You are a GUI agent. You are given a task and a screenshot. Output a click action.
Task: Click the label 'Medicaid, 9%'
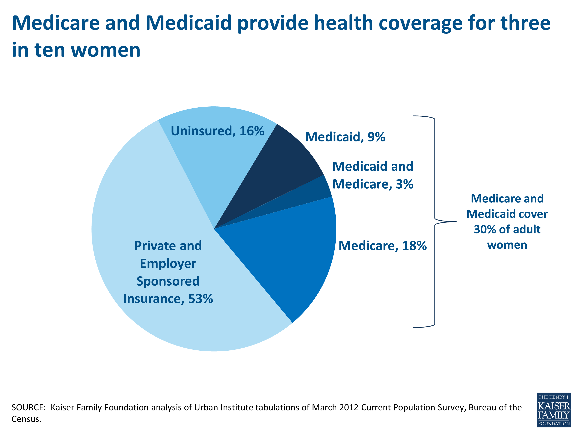345,137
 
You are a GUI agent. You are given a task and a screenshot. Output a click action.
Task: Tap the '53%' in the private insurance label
200,299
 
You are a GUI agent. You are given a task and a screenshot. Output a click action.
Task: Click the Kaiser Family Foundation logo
554,410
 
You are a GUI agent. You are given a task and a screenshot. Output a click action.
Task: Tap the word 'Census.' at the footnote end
26,419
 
